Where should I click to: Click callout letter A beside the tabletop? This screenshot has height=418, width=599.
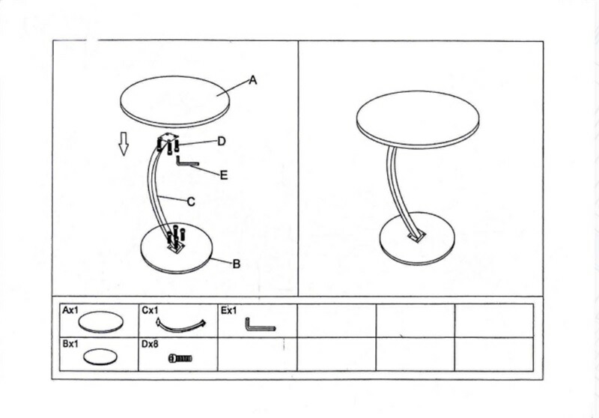click(x=253, y=80)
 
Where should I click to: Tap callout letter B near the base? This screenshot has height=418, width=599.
click(x=237, y=264)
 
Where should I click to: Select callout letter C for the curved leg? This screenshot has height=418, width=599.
click(x=191, y=202)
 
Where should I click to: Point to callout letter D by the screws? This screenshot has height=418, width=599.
click(x=222, y=142)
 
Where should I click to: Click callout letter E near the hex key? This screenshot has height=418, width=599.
click(x=224, y=175)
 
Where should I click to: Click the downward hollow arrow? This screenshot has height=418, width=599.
click(x=123, y=144)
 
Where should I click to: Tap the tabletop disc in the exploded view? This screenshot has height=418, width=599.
click(x=175, y=100)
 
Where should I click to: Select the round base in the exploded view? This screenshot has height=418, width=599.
click(x=175, y=249)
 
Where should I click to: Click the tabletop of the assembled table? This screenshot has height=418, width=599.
click(x=418, y=119)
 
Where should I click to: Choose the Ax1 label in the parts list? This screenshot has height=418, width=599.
click(x=70, y=310)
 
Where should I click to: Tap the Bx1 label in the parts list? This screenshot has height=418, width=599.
click(x=70, y=344)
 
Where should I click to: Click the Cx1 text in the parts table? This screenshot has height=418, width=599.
click(x=150, y=310)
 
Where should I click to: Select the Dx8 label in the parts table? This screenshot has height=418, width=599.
click(x=150, y=344)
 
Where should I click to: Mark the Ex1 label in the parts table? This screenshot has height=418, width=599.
click(x=229, y=311)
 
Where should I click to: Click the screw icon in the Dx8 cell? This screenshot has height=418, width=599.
click(x=180, y=358)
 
